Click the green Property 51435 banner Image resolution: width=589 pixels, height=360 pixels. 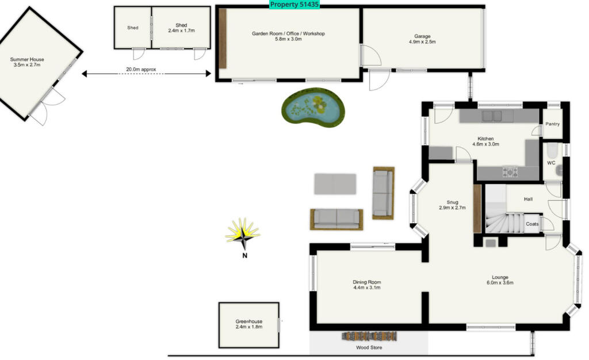tap(294, 5)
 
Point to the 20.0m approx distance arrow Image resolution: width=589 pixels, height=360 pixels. tap(146, 74)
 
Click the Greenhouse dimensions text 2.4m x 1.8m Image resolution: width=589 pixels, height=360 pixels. tap(248, 327)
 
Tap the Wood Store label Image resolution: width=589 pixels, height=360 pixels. tap(368, 347)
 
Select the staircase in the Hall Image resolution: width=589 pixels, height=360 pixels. tap(502, 221)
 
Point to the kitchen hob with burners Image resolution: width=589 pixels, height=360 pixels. tap(510, 171)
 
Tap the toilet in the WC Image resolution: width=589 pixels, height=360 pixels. tap(550, 152)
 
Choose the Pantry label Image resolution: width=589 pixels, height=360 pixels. tap(552, 124)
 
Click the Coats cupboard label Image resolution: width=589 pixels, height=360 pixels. tap(532, 224)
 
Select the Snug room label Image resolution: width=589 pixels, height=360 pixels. tap(453, 202)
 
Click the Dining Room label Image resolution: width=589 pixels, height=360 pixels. tap(367, 282)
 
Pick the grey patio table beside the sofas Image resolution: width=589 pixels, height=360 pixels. tap(335, 183)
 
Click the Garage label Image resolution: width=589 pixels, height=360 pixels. tap(422, 36)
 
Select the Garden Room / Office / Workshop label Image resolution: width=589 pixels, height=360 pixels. tap(288, 34)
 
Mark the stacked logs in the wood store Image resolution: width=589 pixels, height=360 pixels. tap(368, 336)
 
